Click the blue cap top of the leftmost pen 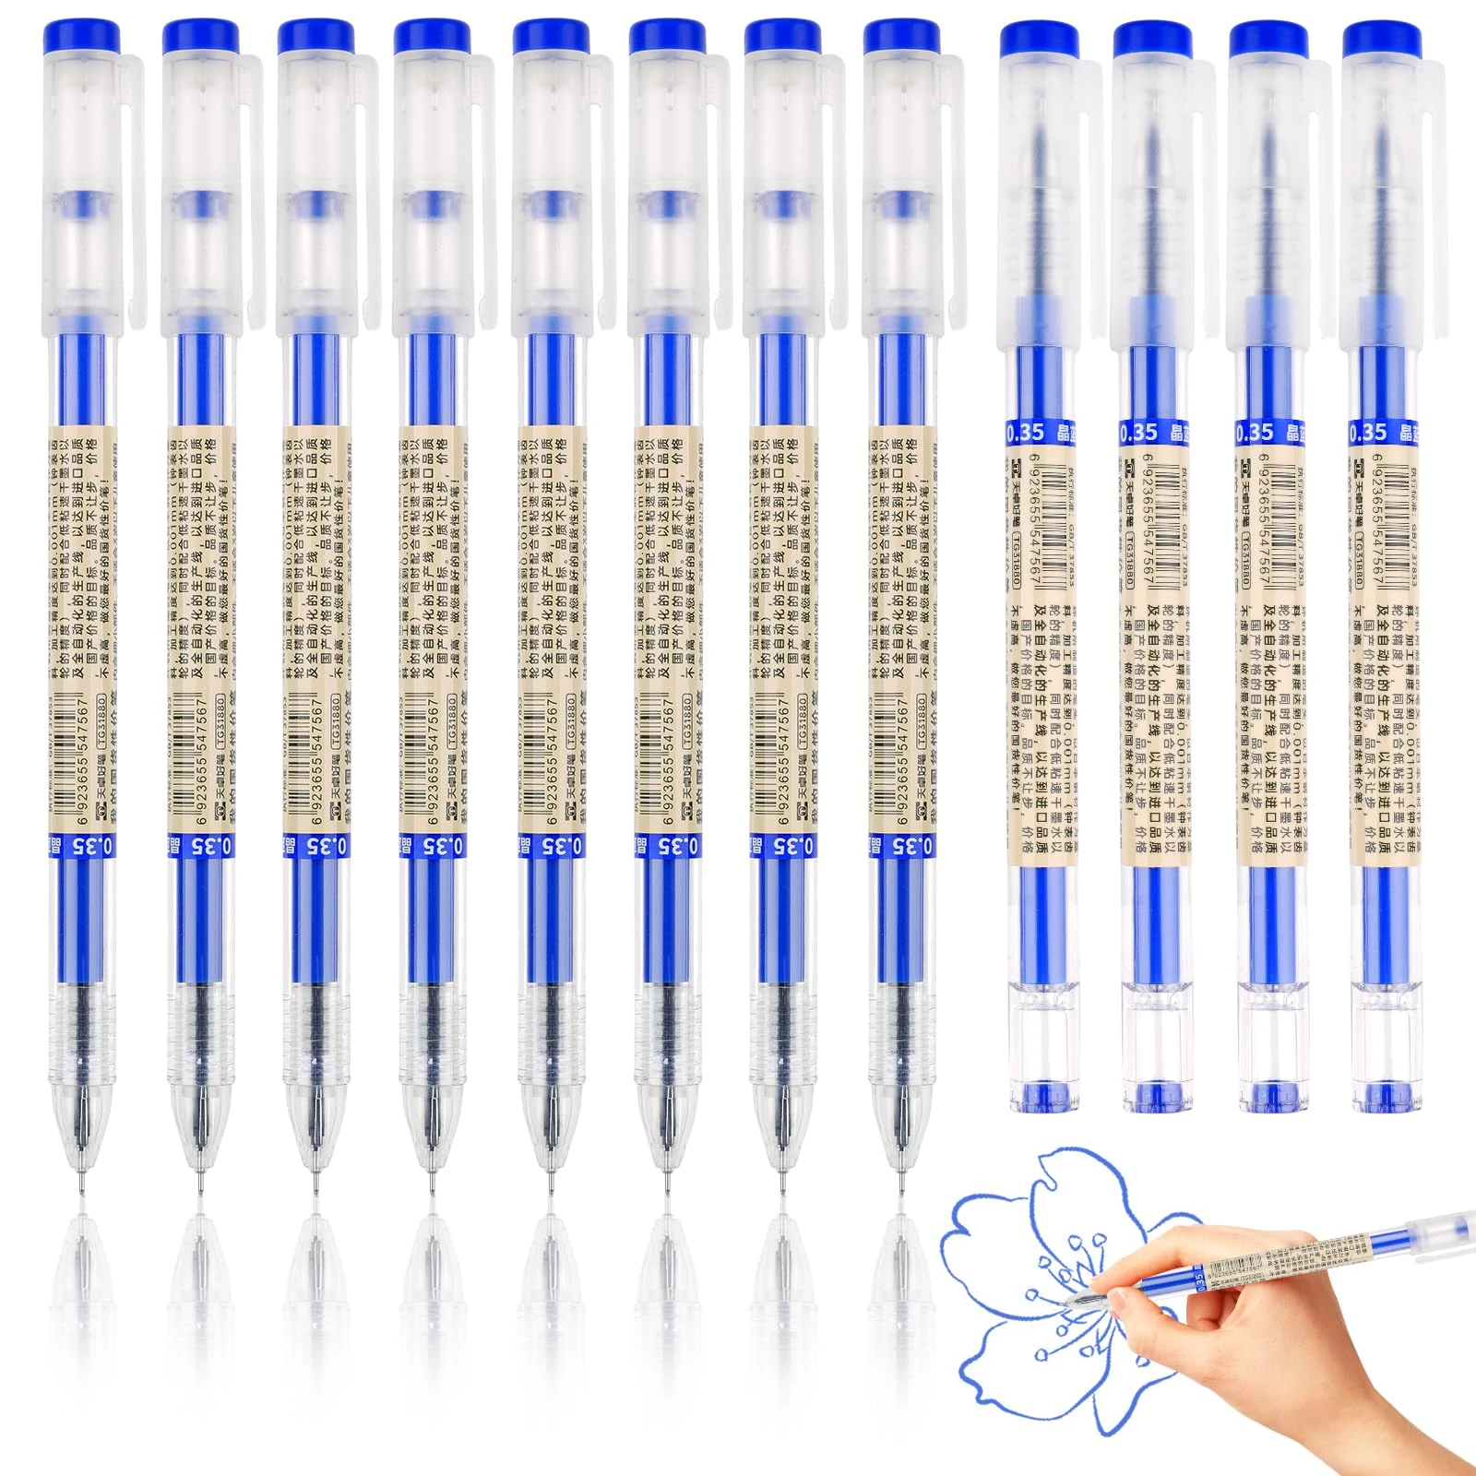[x=81, y=38]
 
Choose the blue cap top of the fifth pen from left [x=552, y=38]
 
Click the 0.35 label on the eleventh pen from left [x=1254, y=432]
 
